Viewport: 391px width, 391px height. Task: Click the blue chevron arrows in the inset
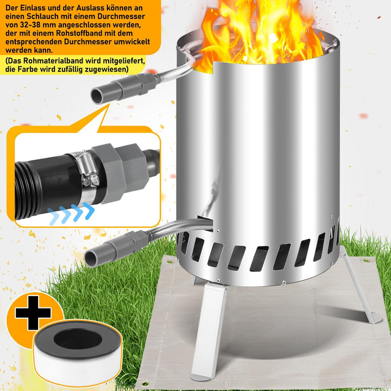click(71, 212)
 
